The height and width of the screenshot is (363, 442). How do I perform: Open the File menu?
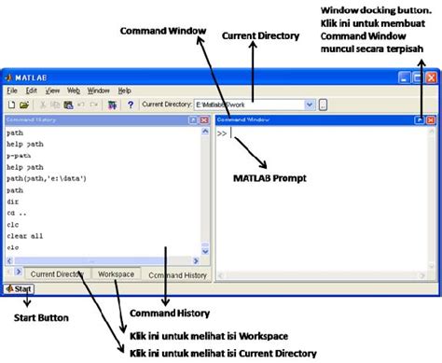pos(12,91)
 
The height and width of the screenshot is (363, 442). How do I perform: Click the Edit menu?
pos(32,91)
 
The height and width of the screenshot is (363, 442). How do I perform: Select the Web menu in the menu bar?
pos(73,91)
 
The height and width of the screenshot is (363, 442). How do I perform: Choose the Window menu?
pos(98,91)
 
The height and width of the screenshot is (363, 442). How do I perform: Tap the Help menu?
pos(125,91)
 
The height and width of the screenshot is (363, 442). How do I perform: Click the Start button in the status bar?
pos(20,289)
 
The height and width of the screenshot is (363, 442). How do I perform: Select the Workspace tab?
pos(117,274)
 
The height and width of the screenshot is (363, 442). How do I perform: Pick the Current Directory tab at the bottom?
pos(57,274)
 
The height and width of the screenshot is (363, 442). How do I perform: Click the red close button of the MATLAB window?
pos(431,77)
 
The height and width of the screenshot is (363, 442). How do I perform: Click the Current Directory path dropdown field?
pos(252,105)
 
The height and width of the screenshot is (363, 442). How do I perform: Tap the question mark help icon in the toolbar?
pos(131,105)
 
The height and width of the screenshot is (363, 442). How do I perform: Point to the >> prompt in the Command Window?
pos(222,133)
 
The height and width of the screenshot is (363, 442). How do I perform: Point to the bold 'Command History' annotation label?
pos(169,312)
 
